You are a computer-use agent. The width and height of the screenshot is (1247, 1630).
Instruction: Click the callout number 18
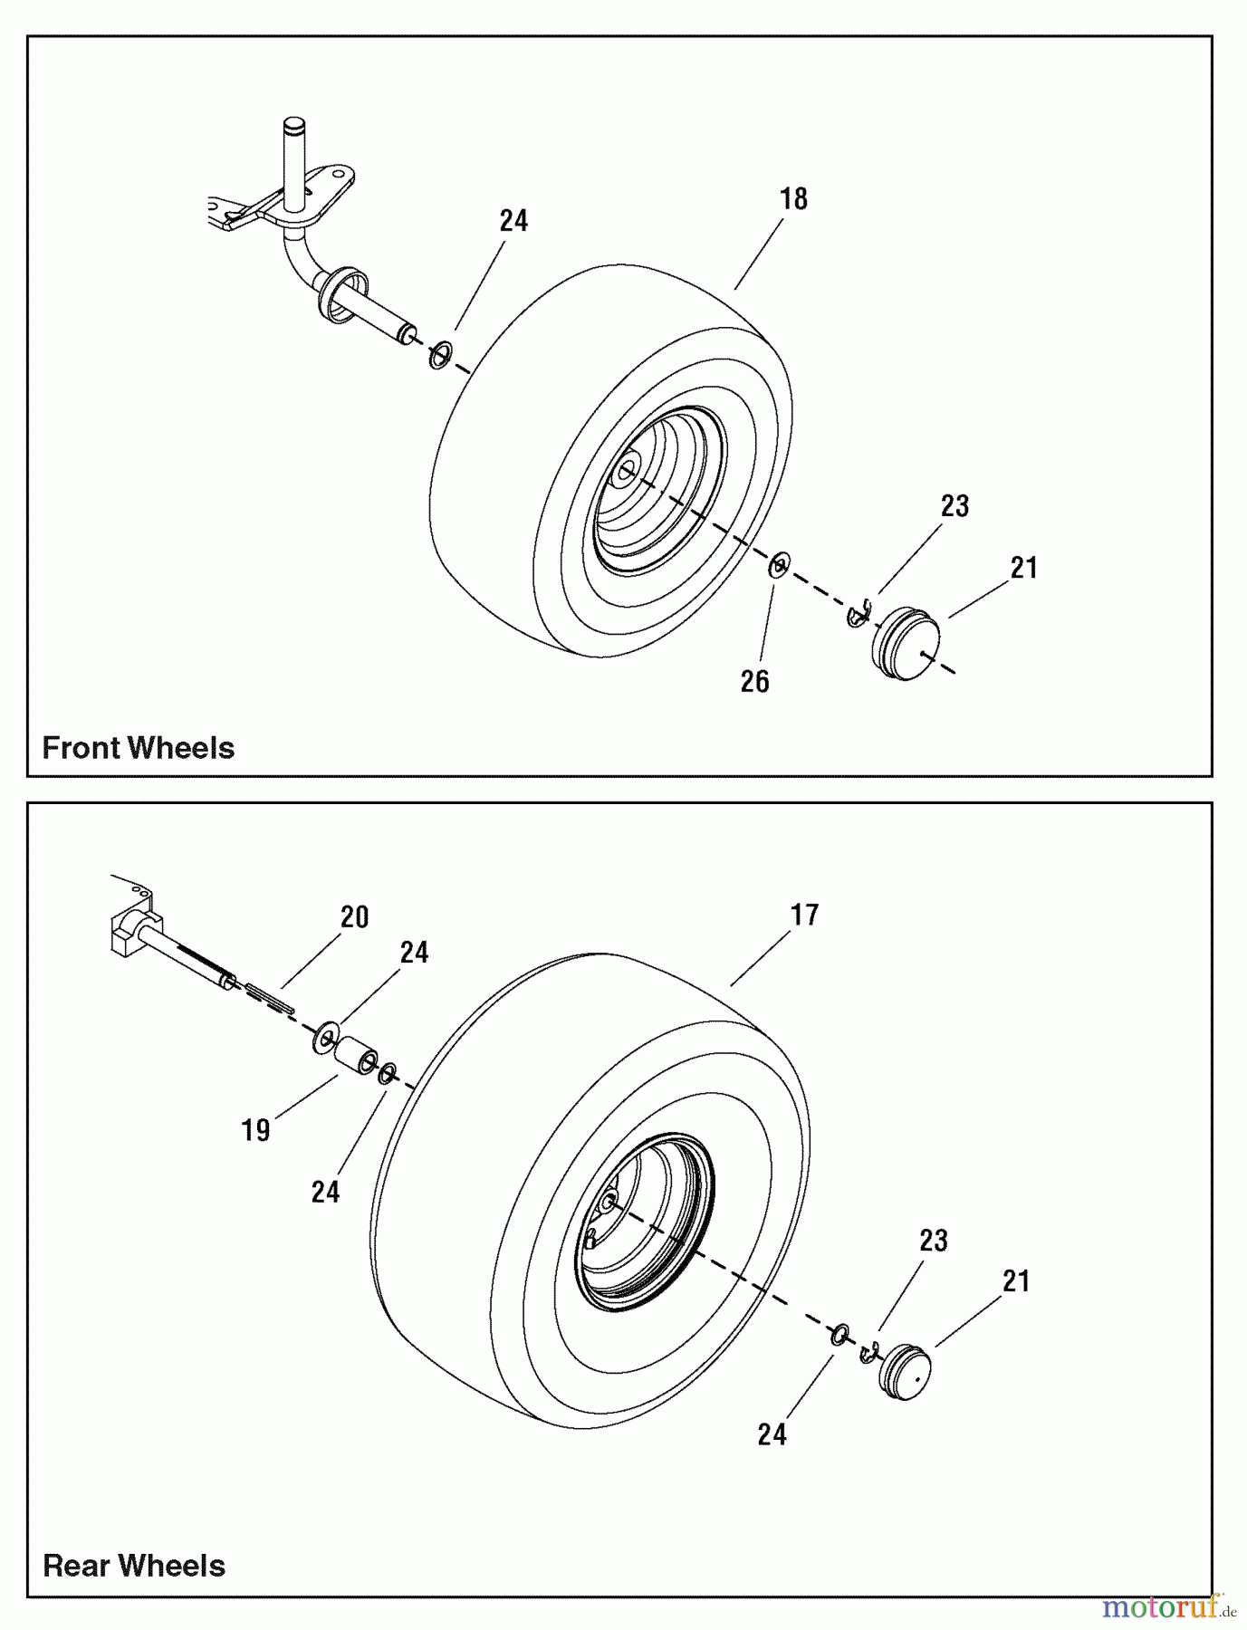(793, 199)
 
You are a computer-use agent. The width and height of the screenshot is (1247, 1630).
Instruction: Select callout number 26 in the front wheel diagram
(754, 681)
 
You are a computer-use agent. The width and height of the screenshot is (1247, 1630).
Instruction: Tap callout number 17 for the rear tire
(804, 916)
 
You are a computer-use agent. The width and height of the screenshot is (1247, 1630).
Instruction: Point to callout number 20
(354, 917)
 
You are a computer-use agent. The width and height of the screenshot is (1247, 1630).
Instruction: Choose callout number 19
(256, 1130)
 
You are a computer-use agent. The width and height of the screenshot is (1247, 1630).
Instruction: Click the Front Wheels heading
(139, 748)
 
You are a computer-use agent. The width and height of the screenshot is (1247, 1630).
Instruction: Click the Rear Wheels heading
(134, 1565)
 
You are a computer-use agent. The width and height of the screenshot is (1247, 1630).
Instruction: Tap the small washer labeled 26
(779, 566)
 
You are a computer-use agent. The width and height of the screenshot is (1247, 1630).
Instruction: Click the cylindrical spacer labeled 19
(355, 1056)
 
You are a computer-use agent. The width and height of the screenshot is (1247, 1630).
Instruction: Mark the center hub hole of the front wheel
(626, 470)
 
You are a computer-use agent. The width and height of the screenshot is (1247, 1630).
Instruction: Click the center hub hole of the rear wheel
(609, 1202)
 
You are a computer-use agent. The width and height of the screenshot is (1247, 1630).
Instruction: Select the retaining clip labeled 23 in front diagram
(857, 614)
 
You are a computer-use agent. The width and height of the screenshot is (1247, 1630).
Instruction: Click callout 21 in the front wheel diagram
(1023, 569)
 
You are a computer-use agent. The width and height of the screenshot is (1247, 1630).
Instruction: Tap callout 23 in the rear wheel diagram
(934, 1241)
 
